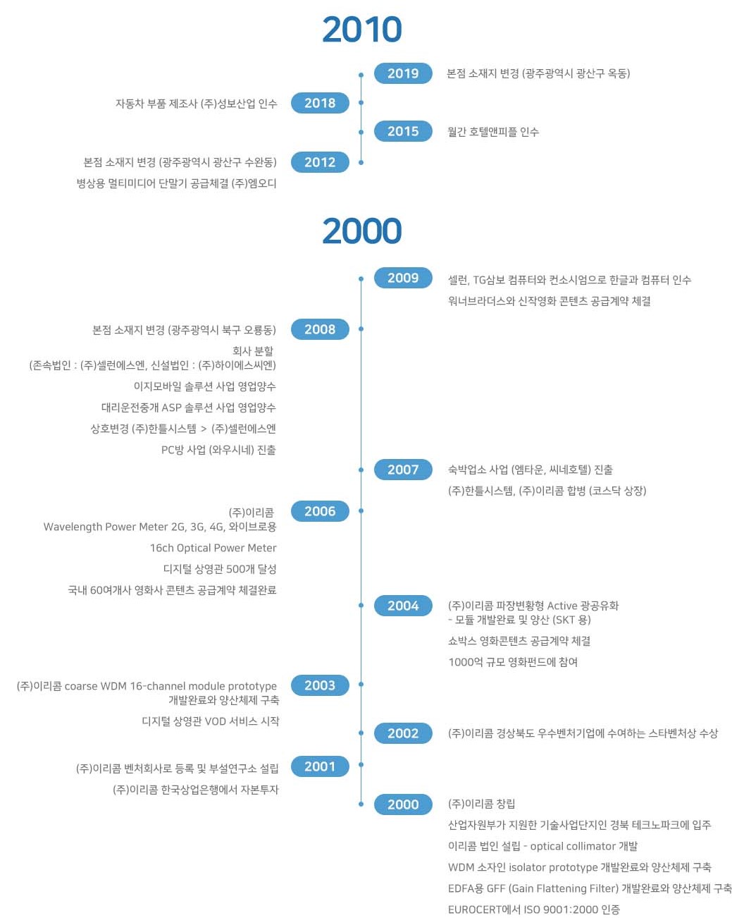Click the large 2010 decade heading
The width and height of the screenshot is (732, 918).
click(x=361, y=30)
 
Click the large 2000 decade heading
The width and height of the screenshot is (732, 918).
click(x=361, y=231)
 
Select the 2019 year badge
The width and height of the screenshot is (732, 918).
click(x=403, y=73)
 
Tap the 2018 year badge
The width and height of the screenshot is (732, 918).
click(x=320, y=103)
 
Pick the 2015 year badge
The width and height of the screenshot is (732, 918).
click(x=403, y=131)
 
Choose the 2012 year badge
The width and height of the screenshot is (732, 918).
click(x=320, y=162)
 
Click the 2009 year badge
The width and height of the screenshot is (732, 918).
click(x=403, y=278)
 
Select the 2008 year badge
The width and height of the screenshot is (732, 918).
click(x=320, y=329)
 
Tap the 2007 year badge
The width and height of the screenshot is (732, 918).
click(x=403, y=470)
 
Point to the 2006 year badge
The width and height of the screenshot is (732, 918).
click(x=320, y=511)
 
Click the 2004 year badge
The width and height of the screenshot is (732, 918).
click(x=403, y=606)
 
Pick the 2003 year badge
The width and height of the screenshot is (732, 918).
click(x=320, y=685)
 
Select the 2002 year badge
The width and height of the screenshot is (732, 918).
click(x=403, y=733)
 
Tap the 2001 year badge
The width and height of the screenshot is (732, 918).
click(x=320, y=766)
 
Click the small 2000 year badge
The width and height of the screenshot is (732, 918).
click(x=403, y=804)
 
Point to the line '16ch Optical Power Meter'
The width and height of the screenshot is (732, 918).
click(x=213, y=548)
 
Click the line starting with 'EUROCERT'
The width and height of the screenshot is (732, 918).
click(x=533, y=910)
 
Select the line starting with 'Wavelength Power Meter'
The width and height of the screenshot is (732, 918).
click(x=160, y=527)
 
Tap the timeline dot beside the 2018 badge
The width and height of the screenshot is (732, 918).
click(x=361, y=103)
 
